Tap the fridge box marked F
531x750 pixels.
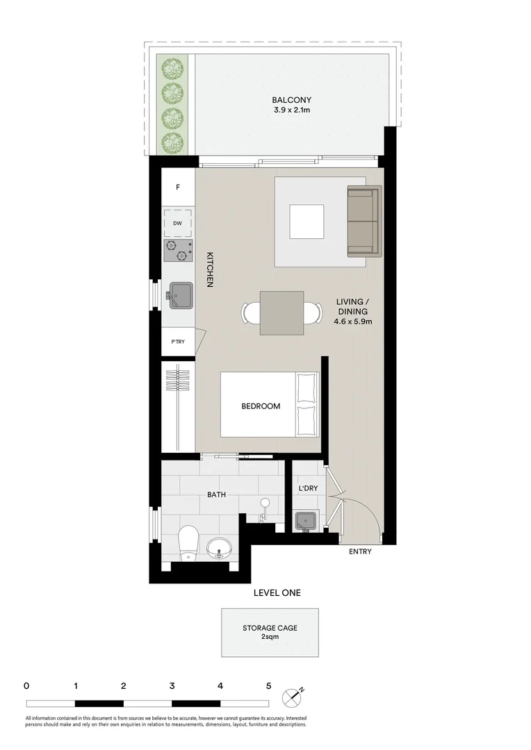[x=178, y=187]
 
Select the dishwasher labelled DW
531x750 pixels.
[x=178, y=223]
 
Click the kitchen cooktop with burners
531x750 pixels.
[x=178, y=251]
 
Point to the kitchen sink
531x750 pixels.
[x=180, y=294]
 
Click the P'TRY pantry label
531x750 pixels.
[x=178, y=342]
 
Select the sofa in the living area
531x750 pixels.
[x=364, y=220]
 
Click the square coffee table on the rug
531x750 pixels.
[x=307, y=222]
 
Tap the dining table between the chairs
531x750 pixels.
[x=281, y=313]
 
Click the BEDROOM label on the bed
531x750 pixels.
[x=261, y=406]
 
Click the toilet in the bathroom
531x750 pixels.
[x=188, y=544]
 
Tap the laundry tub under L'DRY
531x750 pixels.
[x=305, y=520]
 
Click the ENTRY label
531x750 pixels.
[x=360, y=552]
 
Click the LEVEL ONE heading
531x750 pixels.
[x=277, y=592]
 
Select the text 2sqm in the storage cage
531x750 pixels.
[x=270, y=636]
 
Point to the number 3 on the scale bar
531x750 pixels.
[x=172, y=685]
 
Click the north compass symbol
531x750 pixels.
[x=293, y=697]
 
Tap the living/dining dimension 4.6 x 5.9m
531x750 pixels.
[x=352, y=322]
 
